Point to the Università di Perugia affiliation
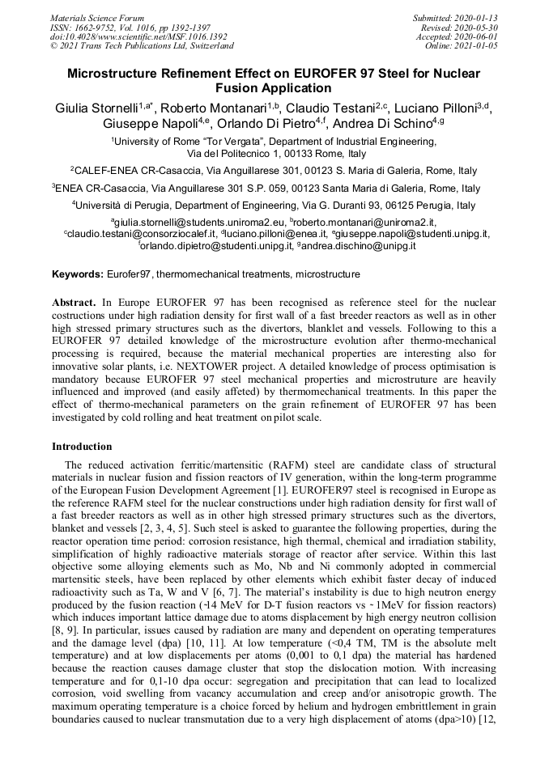coord(126,205)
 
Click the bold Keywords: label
coord(78,274)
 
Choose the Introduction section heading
coord(82,446)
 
